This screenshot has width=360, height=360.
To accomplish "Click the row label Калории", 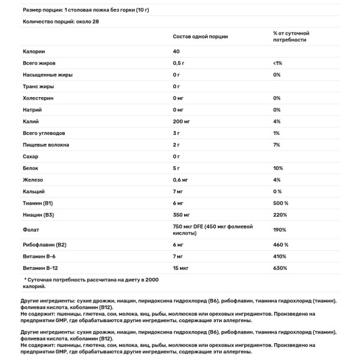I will (x=34, y=51).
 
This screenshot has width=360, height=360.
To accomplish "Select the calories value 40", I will (x=176, y=51).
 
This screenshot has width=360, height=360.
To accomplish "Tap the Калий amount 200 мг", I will (x=182, y=121).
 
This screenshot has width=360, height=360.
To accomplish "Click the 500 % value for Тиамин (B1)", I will (x=281, y=203).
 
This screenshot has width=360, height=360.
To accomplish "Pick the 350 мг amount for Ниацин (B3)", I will (x=182, y=214).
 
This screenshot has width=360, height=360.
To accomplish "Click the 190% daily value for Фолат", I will (x=279, y=229).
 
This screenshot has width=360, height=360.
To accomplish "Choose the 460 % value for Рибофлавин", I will (x=281, y=244).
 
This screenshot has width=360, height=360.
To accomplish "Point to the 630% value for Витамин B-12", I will (x=280, y=268).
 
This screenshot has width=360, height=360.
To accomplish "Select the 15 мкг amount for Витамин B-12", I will (x=182, y=268).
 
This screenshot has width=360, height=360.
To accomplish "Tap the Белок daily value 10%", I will (x=277, y=168).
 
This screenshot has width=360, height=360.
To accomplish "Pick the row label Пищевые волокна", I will (x=46, y=145).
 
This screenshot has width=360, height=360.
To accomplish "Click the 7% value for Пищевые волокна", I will (x=277, y=145).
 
